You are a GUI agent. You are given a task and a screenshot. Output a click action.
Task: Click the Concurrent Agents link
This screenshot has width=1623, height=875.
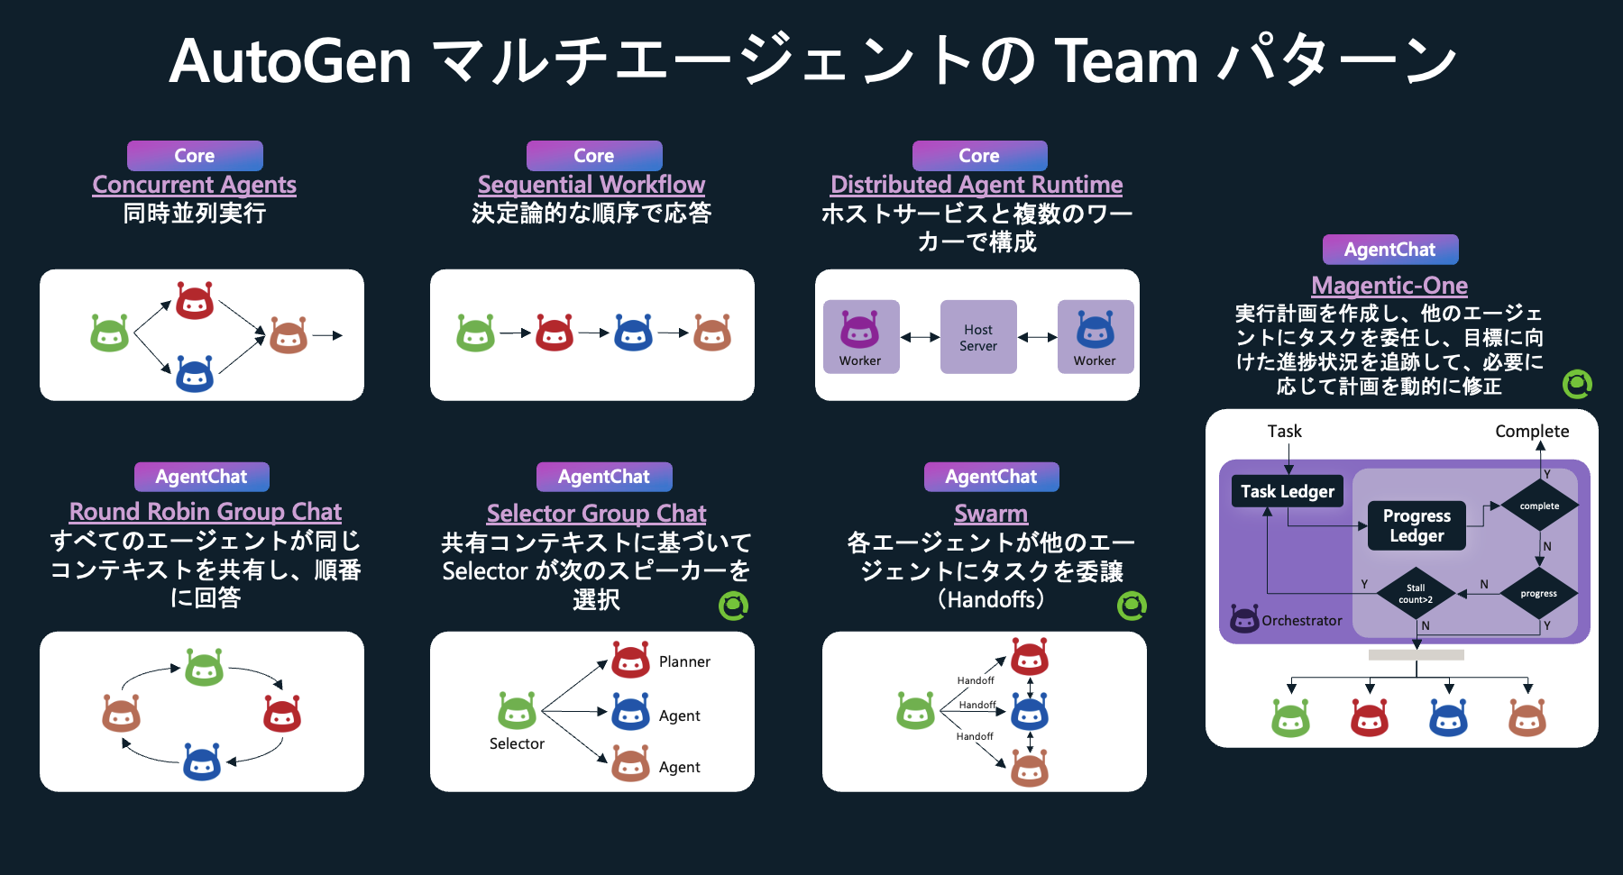click(x=194, y=185)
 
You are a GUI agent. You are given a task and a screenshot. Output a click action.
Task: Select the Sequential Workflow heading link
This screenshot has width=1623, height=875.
click(x=591, y=185)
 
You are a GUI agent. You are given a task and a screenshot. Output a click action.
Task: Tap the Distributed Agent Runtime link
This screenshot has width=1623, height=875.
click(x=977, y=185)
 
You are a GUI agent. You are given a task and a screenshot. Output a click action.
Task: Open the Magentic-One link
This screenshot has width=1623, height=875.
click(x=1389, y=286)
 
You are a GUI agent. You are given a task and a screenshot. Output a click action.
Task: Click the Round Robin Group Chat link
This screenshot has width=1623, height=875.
click(x=206, y=512)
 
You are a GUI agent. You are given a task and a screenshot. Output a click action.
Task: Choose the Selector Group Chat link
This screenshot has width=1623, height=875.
click(x=596, y=514)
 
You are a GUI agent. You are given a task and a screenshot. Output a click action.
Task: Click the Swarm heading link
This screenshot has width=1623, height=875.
click(x=991, y=514)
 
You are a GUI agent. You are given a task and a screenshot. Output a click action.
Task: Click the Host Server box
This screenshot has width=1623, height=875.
click(x=978, y=337)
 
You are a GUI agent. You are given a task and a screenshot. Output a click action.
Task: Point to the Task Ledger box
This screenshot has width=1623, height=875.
click(x=1287, y=491)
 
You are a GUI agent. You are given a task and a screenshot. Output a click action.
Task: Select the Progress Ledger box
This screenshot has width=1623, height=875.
click(x=1417, y=525)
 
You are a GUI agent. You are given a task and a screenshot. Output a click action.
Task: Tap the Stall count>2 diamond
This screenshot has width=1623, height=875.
click(x=1416, y=594)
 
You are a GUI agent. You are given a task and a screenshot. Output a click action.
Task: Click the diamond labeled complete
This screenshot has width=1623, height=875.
click(x=1539, y=506)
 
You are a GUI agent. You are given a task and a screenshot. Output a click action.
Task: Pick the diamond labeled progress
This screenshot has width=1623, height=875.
click(x=1538, y=593)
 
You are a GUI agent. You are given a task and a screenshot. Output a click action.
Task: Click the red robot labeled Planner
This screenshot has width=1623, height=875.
click(x=630, y=661)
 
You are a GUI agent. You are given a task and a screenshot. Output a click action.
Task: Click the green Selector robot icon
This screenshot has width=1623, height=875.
click(x=517, y=711)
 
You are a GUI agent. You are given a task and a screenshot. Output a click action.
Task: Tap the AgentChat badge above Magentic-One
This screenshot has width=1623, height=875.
click(x=1389, y=250)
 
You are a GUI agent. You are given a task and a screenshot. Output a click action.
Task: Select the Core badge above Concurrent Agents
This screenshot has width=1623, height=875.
click(x=195, y=156)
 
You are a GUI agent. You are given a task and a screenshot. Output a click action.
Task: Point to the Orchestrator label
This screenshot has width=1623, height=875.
click(x=1301, y=621)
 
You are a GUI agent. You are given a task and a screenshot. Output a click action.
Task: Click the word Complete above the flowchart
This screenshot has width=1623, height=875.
click(x=1531, y=432)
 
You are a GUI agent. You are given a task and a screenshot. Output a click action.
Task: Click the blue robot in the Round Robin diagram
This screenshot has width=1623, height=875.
click(x=202, y=762)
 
